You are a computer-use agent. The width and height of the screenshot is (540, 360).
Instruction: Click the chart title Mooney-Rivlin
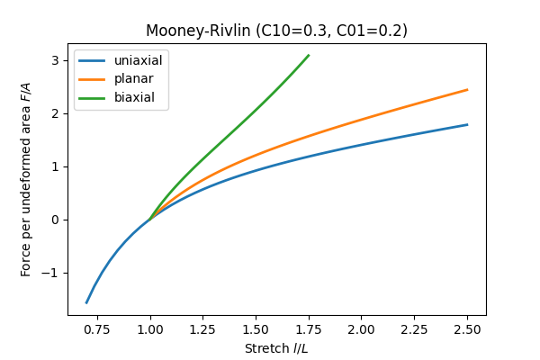tap(276, 31)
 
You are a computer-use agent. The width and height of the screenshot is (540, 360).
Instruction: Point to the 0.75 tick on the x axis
tap(97, 329)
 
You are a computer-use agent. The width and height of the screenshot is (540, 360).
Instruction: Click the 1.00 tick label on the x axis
tap(150, 329)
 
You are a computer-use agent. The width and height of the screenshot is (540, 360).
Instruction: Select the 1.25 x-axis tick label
tap(203, 329)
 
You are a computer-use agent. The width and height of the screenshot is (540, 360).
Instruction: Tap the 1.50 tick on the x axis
tap(256, 329)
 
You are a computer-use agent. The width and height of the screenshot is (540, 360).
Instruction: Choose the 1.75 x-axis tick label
tap(309, 329)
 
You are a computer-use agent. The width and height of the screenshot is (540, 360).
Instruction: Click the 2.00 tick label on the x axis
tap(362, 329)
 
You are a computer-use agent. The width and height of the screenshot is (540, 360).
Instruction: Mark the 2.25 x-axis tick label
tap(414, 329)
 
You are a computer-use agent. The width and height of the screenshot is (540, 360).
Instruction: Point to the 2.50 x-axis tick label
tap(467, 329)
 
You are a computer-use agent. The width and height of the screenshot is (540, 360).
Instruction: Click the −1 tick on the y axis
tap(53, 273)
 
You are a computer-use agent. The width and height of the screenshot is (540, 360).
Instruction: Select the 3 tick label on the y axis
tap(56, 60)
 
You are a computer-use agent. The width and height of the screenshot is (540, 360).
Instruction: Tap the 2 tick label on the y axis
tap(56, 113)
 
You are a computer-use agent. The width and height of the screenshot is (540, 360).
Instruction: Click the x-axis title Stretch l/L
tap(276, 347)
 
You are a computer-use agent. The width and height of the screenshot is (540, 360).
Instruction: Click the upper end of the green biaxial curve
tap(309, 55)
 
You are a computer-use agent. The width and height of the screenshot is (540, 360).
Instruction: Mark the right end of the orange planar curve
tap(467, 90)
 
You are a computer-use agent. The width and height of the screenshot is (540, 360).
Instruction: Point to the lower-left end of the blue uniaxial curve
tap(86, 302)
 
